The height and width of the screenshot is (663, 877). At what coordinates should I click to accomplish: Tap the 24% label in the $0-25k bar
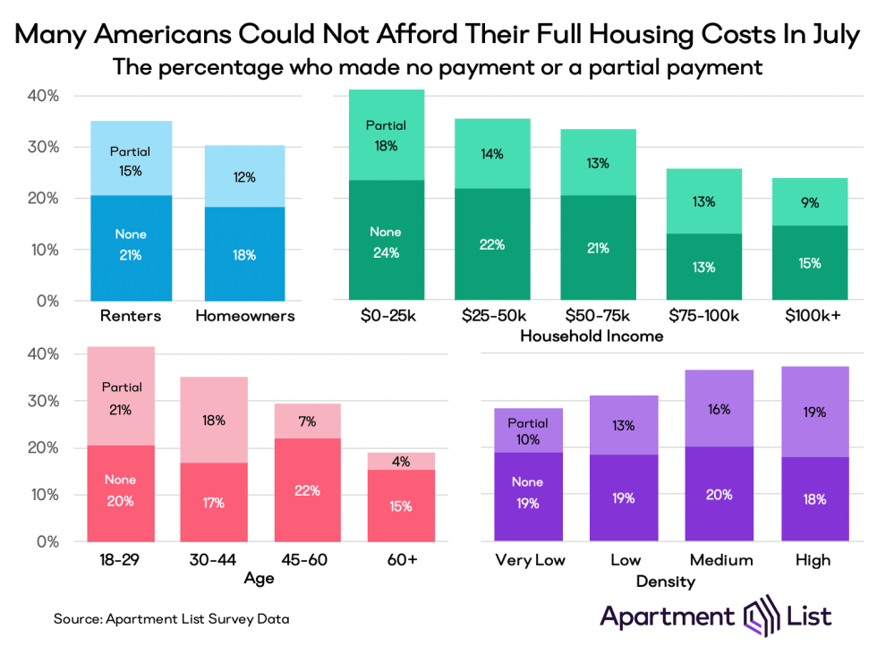pos(386,253)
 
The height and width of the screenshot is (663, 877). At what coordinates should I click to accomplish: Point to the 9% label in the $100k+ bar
pos(810,202)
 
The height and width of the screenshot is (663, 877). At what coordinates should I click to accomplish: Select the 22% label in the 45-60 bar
pos(307,489)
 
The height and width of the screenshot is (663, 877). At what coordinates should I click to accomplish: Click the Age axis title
pos(259,578)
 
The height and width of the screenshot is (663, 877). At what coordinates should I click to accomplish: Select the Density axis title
pos(666,582)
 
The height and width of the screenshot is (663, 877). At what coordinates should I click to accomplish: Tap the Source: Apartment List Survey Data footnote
pos(171,618)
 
